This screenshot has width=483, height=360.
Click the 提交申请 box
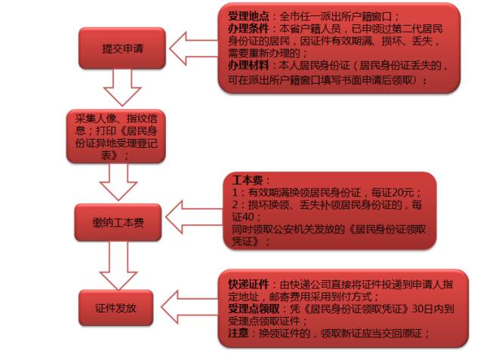point(122,48)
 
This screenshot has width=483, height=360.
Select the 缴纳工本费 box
point(118,222)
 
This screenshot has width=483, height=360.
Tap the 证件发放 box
point(115,308)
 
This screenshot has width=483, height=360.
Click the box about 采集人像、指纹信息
point(116,136)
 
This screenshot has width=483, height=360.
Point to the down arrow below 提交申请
point(122,88)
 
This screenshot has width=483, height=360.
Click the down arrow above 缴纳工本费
point(118,182)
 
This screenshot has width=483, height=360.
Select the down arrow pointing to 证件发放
point(118,266)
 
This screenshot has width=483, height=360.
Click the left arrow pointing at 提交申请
point(193,48)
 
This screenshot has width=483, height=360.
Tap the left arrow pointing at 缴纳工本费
point(194,217)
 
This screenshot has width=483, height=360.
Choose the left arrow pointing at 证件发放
point(189,306)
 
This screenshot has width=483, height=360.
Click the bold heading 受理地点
point(248,17)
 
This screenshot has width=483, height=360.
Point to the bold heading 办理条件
point(248,29)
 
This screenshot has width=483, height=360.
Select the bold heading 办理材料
point(248,66)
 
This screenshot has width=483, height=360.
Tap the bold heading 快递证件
point(248,284)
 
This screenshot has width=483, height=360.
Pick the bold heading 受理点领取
point(254,309)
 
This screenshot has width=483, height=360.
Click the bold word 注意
point(238,333)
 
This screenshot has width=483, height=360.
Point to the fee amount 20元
point(403,192)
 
